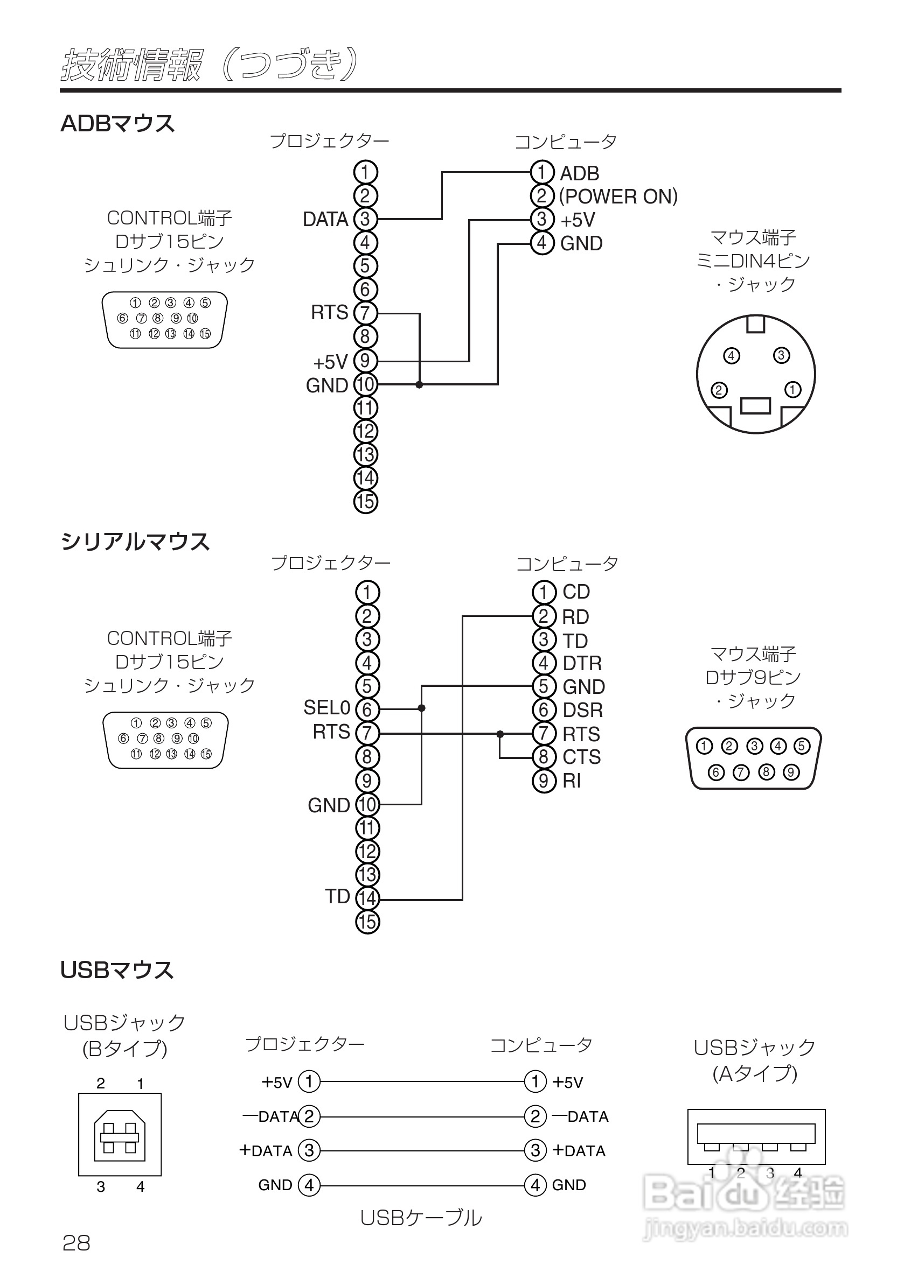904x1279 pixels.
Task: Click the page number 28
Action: point(77,1243)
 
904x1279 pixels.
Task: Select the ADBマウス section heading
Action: point(117,123)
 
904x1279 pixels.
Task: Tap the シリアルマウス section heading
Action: point(135,542)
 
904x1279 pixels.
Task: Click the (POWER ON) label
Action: point(618,196)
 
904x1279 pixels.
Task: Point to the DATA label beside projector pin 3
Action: point(325,220)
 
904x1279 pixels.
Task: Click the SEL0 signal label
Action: point(326,707)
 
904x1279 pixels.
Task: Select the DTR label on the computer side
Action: point(582,663)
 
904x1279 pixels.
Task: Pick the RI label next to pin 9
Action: point(572,781)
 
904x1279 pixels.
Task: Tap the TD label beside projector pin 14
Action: point(338,897)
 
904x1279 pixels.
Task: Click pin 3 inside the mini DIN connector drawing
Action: point(781,355)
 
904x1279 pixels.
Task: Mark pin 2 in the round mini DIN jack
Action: point(719,390)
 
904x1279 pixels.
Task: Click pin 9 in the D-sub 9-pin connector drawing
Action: point(791,772)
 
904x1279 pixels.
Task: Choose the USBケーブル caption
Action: point(421,1218)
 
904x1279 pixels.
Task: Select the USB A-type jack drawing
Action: point(756,1136)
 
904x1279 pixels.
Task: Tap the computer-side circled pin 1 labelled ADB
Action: point(542,172)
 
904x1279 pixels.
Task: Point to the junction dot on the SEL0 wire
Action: point(421,708)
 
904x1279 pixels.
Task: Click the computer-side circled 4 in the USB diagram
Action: point(535,1185)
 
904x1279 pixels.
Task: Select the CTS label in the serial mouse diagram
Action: point(582,757)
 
